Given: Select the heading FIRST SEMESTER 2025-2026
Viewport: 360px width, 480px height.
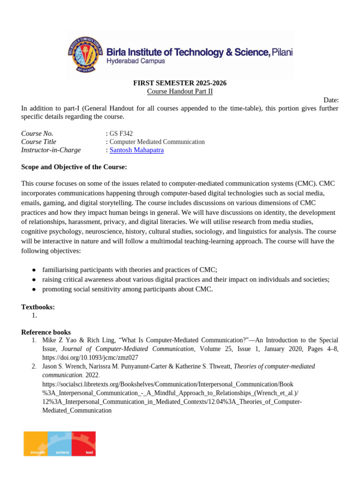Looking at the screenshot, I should pos(180,83).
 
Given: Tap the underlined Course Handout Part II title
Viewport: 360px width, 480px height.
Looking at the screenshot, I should pos(180,91).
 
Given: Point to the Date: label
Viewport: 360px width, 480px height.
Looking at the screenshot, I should pos(331,100).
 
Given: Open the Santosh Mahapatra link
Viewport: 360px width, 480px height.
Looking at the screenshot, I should pos(136,150).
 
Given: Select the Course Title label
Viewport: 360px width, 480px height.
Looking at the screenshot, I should pos(38,142).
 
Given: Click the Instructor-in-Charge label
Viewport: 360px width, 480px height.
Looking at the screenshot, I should pos(51,150).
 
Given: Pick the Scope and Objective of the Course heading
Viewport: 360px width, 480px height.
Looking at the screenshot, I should pos(74,167).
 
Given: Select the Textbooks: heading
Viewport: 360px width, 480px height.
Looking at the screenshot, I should pos(38,307).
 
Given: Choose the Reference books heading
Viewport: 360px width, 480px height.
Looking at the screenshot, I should pos(46,332).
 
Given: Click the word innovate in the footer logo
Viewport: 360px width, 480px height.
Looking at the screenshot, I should pos(37,452).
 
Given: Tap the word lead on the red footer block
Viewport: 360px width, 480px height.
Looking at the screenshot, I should pos(89,452).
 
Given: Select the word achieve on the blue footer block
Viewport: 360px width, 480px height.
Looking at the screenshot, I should pos(62,452).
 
